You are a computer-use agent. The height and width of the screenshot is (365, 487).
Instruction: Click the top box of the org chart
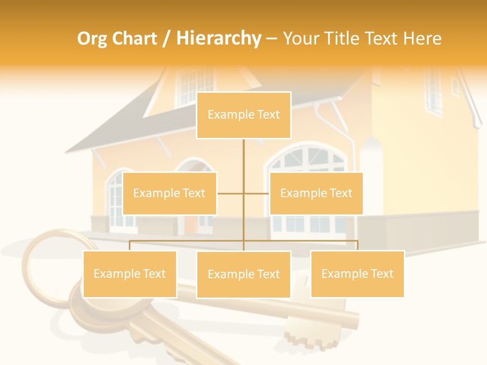click(243, 115)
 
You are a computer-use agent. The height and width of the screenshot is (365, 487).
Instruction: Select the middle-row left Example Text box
click(169, 193)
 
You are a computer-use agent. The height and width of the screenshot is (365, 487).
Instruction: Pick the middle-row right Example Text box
click(316, 193)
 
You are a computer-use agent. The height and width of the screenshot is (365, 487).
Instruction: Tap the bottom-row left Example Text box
click(130, 274)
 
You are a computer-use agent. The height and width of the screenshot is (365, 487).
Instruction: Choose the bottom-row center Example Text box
click(243, 274)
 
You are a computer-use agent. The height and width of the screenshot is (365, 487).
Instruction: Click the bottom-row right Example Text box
click(357, 274)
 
